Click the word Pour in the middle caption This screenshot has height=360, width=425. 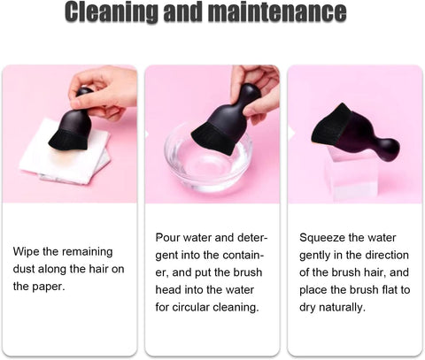[x=167, y=238]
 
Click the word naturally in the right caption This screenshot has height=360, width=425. [x=344, y=308]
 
